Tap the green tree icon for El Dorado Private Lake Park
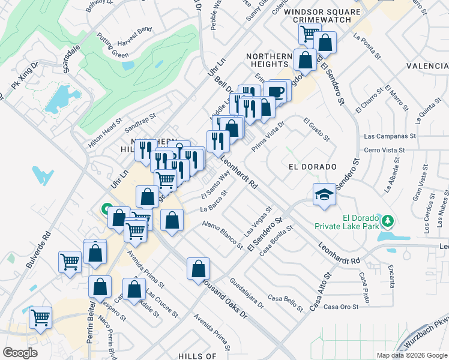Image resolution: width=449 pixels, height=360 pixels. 388,221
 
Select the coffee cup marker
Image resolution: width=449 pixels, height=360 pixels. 276,91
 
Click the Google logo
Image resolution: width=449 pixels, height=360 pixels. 20,352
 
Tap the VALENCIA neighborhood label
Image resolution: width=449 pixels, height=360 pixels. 427,65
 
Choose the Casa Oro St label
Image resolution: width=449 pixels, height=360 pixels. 340,307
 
